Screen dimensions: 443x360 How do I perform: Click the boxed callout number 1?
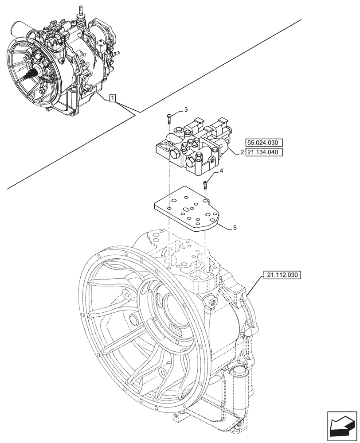[113, 98]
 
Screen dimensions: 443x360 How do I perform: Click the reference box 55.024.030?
[263, 143]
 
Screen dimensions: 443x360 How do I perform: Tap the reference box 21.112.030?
[282, 275]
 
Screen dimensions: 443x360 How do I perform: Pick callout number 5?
[235, 228]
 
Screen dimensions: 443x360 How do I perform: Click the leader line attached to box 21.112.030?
[252, 288]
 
